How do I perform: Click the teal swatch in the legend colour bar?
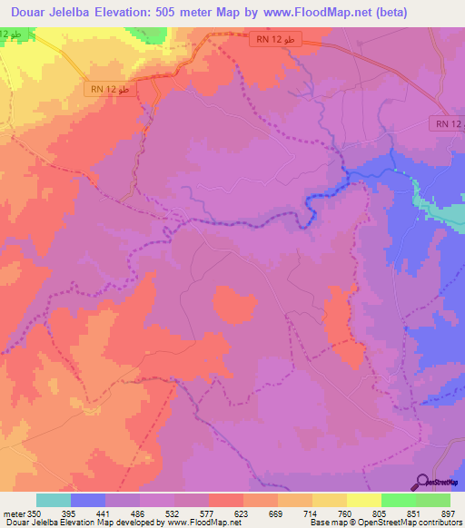click(54, 500)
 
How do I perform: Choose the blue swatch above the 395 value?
click(88, 500)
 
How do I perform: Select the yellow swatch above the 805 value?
click(363, 500)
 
